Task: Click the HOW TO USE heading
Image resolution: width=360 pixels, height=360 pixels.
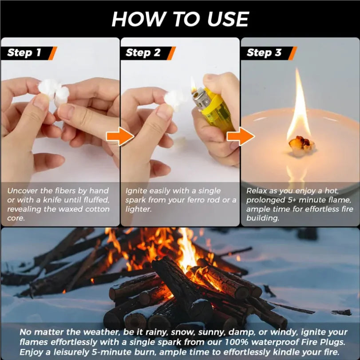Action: click(x=180, y=19)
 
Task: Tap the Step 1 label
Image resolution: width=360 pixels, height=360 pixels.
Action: click(x=24, y=53)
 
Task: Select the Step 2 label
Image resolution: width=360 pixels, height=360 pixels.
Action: click(x=143, y=53)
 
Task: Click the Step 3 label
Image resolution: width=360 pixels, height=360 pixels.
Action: click(x=264, y=53)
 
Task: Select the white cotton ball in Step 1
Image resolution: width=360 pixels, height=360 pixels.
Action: click(x=54, y=92)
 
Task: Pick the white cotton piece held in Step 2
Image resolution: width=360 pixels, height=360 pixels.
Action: click(x=174, y=98)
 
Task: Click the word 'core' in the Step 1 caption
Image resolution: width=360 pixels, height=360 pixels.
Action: click(x=16, y=218)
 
